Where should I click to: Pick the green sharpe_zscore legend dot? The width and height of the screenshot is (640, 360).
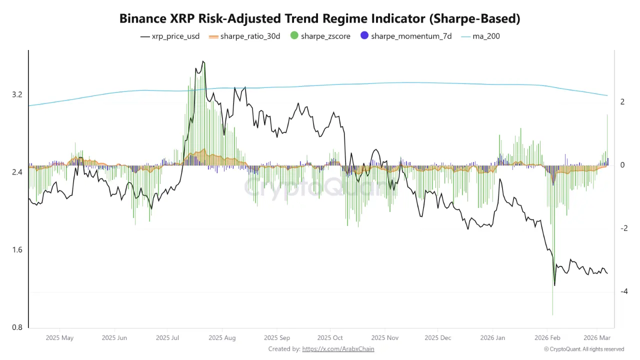(x=293, y=36)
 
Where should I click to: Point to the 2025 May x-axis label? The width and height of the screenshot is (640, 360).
(x=59, y=338)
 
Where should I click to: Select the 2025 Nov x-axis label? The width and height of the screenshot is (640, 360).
(x=385, y=338)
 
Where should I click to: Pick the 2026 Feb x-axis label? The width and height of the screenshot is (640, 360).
(x=547, y=338)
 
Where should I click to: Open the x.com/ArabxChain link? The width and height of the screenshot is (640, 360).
(x=338, y=349)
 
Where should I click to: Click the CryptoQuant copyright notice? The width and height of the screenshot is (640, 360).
(x=584, y=349)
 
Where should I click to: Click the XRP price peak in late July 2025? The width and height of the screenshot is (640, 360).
(x=203, y=61)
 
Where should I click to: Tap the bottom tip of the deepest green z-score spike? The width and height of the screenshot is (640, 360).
(x=552, y=315)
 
